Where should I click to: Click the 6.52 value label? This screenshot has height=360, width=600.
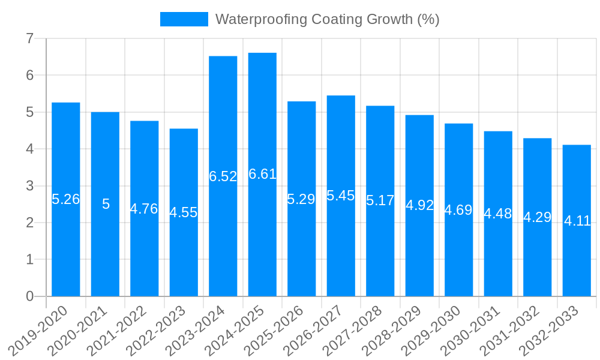click(223, 176)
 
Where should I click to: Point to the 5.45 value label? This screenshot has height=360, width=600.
click(341, 196)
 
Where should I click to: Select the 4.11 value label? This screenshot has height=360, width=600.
click(577, 221)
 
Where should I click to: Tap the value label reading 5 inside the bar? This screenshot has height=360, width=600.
click(106, 204)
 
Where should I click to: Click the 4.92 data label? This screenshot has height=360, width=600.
click(419, 205)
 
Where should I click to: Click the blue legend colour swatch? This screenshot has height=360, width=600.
click(184, 19)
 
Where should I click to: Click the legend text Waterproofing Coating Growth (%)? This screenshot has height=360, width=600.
click(327, 19)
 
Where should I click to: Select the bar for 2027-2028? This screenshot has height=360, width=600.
click(380, 252)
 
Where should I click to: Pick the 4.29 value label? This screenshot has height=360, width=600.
click(538, 217)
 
